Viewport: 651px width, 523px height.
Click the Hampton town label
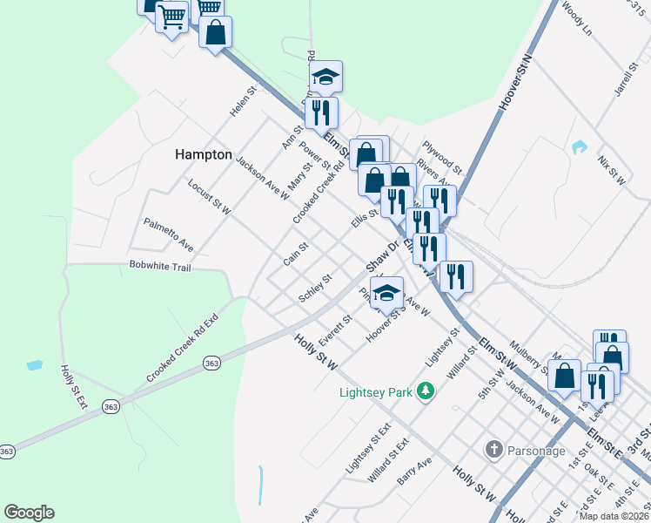click(x=204, y=154)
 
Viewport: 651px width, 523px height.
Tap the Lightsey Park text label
click(x=375, y=392)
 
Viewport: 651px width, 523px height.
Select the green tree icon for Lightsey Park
click(x=426, y=391)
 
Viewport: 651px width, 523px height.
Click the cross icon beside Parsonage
click(x=493, y=451)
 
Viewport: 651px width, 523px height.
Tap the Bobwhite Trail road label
click(x=159, y=267)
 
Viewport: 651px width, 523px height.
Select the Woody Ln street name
click(x=577, y=18)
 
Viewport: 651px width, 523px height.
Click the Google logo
click(x=29, y=513)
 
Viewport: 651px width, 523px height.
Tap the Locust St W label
click(x=209, y=197)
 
